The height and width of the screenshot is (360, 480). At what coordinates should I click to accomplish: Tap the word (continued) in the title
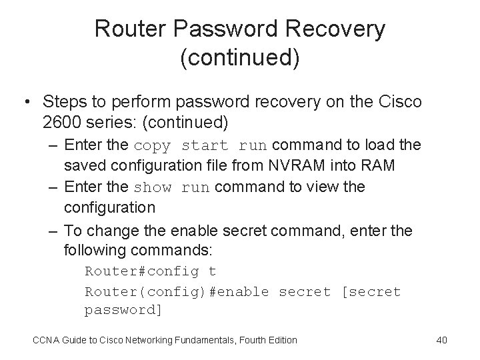coord(240,58)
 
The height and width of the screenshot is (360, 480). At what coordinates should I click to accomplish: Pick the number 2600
coord(62,123)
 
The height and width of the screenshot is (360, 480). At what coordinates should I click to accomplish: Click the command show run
coord(172,187)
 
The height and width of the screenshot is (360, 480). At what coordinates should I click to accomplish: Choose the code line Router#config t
coord(150,271)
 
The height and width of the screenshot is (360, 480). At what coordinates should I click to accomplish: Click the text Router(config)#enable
coord(177,292)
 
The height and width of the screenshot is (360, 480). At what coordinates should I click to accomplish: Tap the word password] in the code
coord(123,311)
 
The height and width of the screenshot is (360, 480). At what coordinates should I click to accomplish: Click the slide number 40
coord(441,340)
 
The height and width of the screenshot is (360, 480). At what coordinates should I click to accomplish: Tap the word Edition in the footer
coord(280,340)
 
